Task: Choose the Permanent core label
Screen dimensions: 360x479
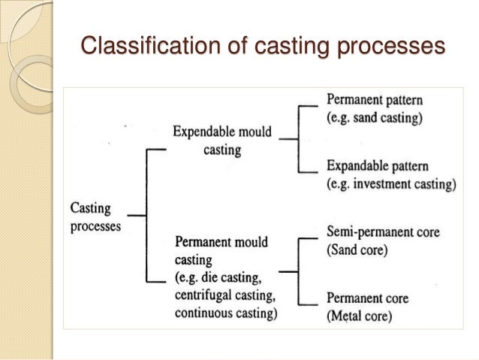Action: [369, 298]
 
